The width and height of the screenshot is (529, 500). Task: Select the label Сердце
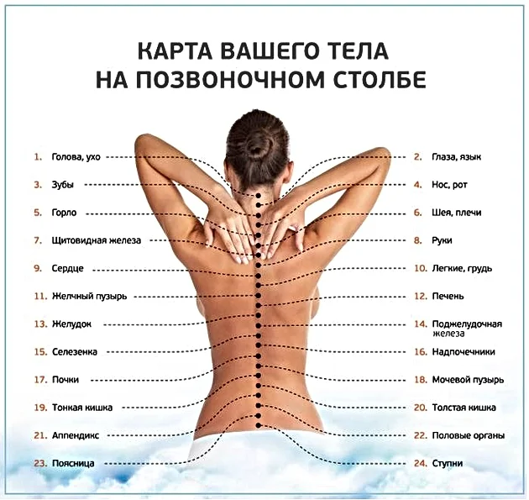click(x=67, y=269)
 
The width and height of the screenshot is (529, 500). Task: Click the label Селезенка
click(x=76, y=352)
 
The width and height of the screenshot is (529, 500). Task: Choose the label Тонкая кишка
click(x=81, y=408)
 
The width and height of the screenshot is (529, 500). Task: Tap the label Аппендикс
click(x=76, y=435)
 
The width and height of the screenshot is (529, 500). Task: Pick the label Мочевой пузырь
click(x=468, y=380)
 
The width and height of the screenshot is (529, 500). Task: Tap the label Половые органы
click(x=468, y=435)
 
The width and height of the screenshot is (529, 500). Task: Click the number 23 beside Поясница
click(x=38, y=464)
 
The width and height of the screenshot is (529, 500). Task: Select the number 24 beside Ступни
click(x=419, y=464)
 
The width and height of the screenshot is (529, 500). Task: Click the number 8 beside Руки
click(x=419, y=241)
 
